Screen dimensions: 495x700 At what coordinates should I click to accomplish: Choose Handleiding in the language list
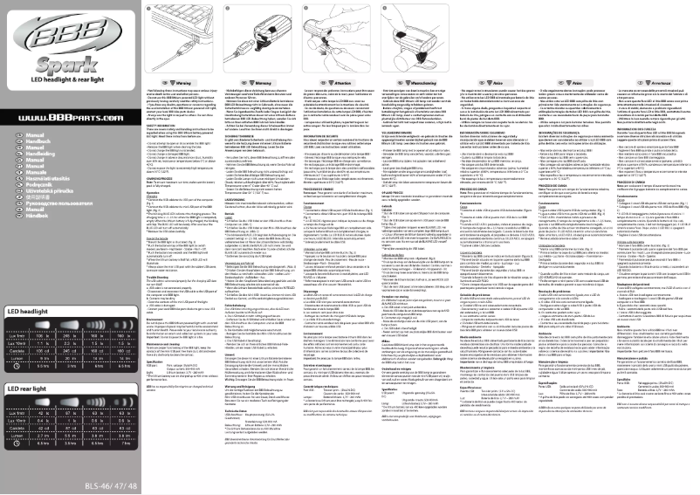coord(38,154)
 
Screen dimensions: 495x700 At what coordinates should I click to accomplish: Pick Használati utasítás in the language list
coord(45,177)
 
